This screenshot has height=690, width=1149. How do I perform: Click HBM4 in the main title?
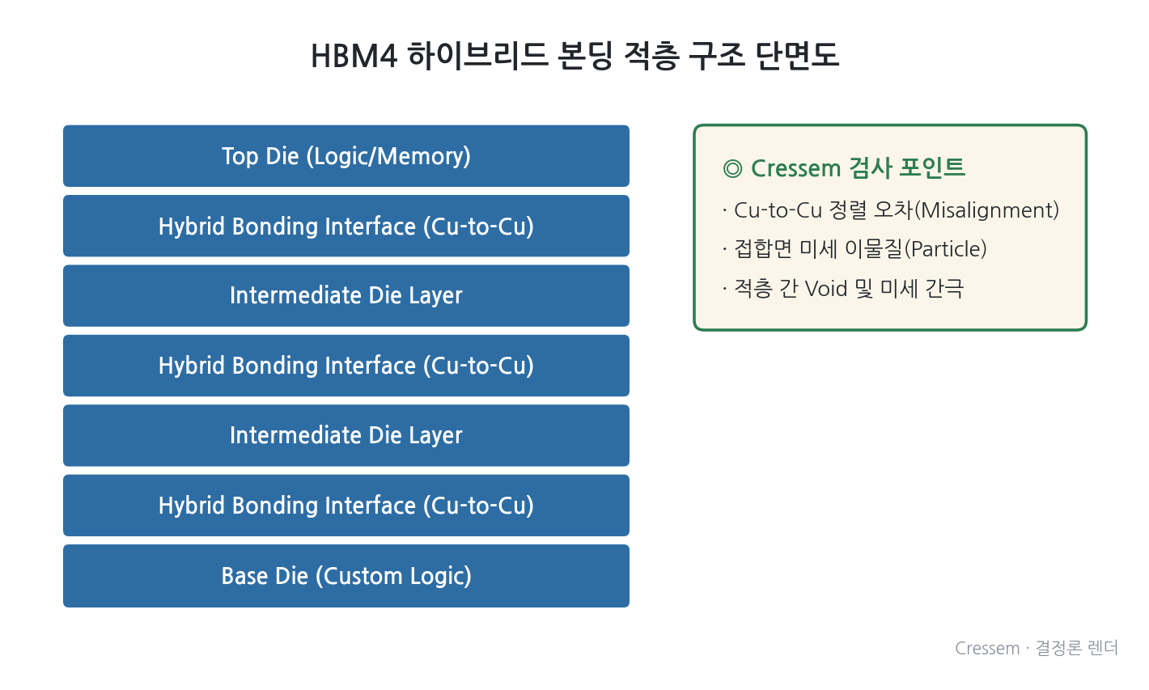tap(354, 56)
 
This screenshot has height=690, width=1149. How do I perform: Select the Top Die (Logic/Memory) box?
tap(346, 156)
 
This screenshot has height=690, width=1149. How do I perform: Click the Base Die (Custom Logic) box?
tap(346, 576)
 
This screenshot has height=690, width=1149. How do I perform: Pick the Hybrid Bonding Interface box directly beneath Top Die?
tap(346, 226)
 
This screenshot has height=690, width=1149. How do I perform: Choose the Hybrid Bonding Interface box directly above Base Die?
tap(346, 506)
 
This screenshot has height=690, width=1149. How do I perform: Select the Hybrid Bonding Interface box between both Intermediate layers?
tap(346, 366)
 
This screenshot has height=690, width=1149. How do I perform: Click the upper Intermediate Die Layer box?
tap(346, 296)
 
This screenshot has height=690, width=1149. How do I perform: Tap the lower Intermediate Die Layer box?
tap(346, 435)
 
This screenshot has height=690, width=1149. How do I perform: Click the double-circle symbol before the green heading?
tap(732, 168)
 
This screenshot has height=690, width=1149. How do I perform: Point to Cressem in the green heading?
tap(796, 168)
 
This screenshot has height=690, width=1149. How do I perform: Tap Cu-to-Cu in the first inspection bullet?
tap(778, 210)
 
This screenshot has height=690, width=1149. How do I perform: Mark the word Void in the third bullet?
tap(826, 289)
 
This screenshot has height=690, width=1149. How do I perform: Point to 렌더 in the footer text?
tap(1102, 648)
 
